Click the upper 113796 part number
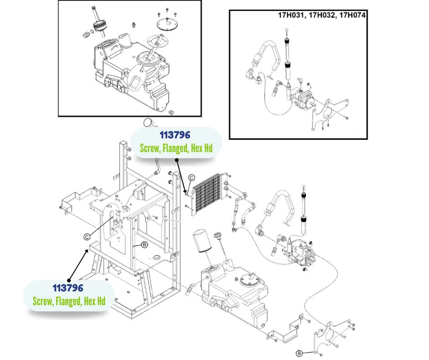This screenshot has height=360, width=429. [175, 136]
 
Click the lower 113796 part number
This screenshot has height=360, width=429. [68, 288]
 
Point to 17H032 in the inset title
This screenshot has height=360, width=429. [323, 15]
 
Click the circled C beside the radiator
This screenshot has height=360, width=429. [192, 178]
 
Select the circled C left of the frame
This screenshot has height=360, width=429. [87, 236]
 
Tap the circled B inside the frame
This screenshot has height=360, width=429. [144, 245]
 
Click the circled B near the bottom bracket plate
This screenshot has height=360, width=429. [299, 353]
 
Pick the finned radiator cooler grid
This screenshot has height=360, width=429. [208, 195]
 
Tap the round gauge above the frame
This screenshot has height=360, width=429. [147, 122]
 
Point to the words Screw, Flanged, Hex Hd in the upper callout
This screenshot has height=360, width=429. [176, 148]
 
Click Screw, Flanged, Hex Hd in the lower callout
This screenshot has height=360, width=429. [69, 301]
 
